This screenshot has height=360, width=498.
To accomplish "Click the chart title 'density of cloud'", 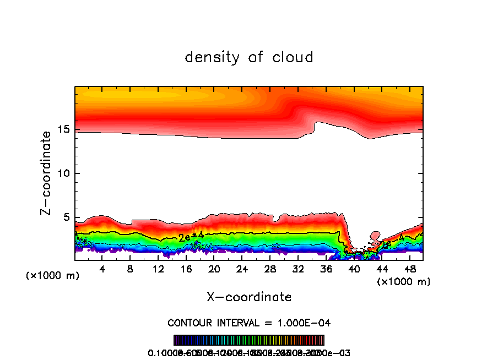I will tap(249, 57).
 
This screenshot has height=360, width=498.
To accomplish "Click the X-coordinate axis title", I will tap(249, 297).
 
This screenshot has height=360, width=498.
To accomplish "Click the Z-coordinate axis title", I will tap(47, 173).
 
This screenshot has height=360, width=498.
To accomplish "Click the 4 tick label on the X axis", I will tap(102, 269).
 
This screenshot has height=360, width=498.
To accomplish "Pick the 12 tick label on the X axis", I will tap(158, 269).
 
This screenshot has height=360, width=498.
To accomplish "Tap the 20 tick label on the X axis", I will tap(214, 269).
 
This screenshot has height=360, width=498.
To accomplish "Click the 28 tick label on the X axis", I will tap(269, 269).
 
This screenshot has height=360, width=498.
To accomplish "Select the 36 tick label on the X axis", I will tap(326, 269).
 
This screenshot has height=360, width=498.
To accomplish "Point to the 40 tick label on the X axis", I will tap(353, 269).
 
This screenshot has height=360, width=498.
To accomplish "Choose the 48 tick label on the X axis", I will tap(409, 269).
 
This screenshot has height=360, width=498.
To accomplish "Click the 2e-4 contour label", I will tap(191, 237).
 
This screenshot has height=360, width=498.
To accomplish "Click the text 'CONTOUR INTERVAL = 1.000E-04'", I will tap(249, 323).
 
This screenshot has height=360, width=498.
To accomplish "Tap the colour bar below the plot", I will tap(249, 340).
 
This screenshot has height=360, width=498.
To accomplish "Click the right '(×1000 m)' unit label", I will tap(403, 282).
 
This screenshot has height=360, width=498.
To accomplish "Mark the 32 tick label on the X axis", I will tap(297, 269).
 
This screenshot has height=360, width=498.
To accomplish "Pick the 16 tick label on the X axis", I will tap(186, 269).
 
